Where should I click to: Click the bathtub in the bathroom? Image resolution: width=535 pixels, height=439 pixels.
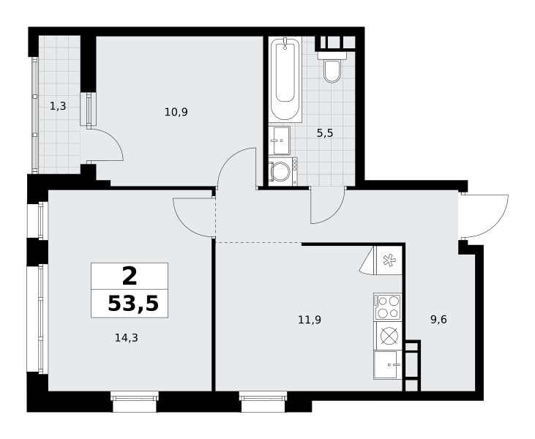285,79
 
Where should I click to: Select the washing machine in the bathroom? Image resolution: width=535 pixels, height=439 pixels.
283,171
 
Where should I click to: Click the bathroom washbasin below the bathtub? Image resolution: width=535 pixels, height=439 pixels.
279,140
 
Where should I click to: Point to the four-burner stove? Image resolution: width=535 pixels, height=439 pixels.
387,307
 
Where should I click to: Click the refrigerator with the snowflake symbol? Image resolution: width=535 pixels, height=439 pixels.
388,260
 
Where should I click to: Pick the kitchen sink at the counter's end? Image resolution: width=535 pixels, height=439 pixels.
387,364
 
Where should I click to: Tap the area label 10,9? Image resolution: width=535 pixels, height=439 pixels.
176,112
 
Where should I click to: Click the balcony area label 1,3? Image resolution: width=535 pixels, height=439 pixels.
58,106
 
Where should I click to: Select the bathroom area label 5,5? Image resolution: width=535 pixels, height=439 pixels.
325,133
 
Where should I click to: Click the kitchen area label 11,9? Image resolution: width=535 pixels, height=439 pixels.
310,320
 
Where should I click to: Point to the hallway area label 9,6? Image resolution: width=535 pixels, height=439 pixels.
438,320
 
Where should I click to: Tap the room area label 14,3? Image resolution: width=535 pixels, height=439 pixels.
126,338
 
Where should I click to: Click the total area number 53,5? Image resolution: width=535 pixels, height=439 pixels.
133,304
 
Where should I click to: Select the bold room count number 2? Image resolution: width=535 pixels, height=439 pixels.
130,277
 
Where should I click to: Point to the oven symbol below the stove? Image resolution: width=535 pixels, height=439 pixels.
389,336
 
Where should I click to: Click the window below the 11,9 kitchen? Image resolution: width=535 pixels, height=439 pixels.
263,402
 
